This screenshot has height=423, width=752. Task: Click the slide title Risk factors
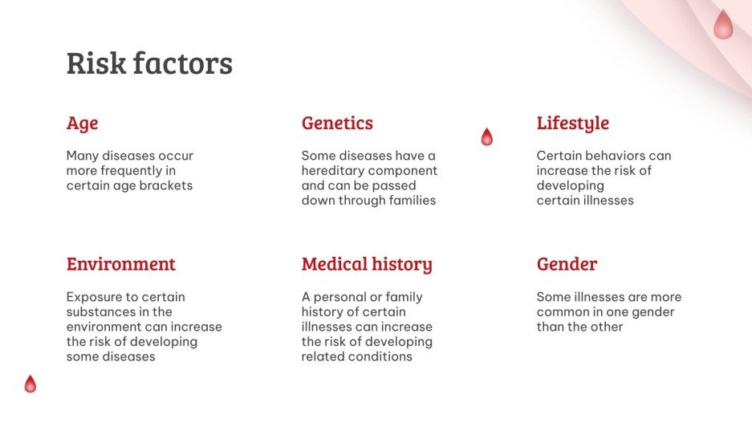149,63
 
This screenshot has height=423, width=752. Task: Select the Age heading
82,124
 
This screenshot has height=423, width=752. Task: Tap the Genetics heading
337,124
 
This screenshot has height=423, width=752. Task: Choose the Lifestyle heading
572,124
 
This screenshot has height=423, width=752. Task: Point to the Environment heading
120,264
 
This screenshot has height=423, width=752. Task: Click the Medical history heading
367,264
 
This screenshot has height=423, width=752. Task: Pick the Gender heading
567,264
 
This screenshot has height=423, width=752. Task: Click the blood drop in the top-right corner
723,25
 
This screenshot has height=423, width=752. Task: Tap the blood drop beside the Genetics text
486,136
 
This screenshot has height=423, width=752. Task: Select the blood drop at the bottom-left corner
30,384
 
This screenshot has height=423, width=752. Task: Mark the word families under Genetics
408,201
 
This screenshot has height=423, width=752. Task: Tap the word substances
99,311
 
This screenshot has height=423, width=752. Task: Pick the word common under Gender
563,311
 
